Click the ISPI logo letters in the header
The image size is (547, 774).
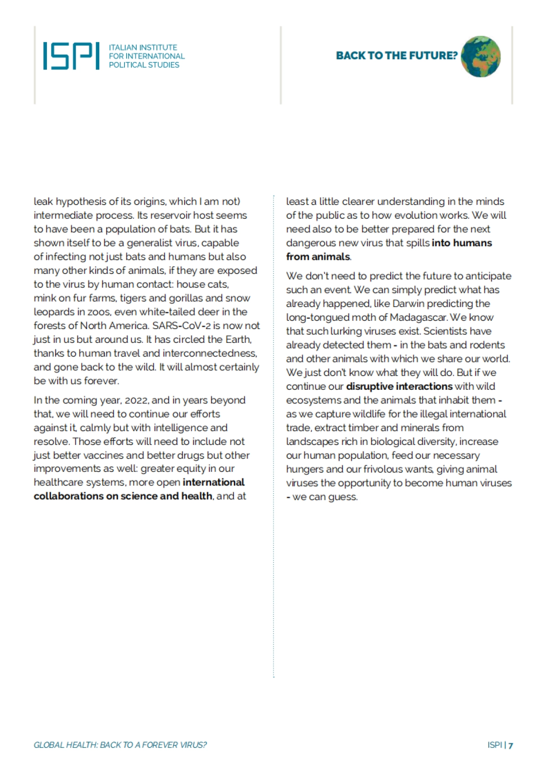(71, 56)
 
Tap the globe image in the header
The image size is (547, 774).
(480, 57)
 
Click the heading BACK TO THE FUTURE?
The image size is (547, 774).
(396, 56)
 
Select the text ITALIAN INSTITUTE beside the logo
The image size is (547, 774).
(143, 47)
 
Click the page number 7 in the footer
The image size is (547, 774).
(511, 745)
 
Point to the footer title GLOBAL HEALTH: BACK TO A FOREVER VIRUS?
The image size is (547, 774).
(120, 745)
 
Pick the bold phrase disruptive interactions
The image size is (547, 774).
(399, 387)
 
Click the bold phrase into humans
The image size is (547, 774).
(462, 243)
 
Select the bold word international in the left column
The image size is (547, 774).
(213, 482)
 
